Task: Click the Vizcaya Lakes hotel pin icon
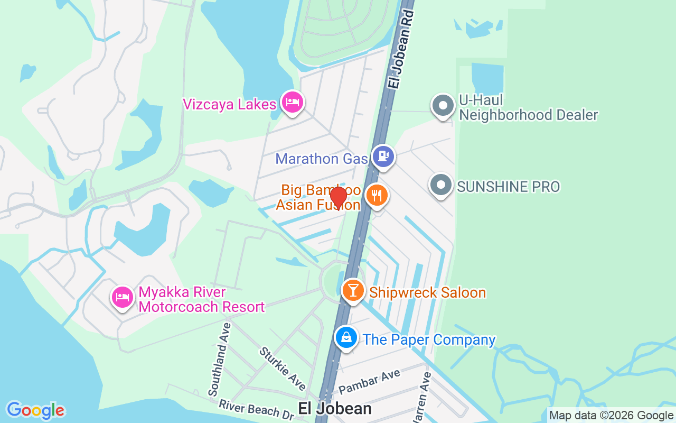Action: click(292, 102)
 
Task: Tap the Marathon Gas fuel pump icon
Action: click(383, 157)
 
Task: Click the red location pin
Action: click(338, 197)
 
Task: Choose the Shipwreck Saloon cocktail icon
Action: click(353, 290)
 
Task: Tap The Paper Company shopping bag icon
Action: click(346, 337)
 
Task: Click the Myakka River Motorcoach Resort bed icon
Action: click(123, 297)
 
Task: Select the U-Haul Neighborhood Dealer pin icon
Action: click(443, 106)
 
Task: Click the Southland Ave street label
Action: click(220, 359)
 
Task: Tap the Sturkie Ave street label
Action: click(282, 369)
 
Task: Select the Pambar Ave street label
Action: click(369, 382)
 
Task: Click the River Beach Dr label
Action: click(256, 410)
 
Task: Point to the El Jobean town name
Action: click(335, 408)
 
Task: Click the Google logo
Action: click(35, 410)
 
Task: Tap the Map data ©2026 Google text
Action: click(611, 416)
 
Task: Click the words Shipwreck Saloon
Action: click(427, 292)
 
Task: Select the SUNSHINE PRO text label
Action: click(508, 186)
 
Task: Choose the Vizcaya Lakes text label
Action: click(230, 104)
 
